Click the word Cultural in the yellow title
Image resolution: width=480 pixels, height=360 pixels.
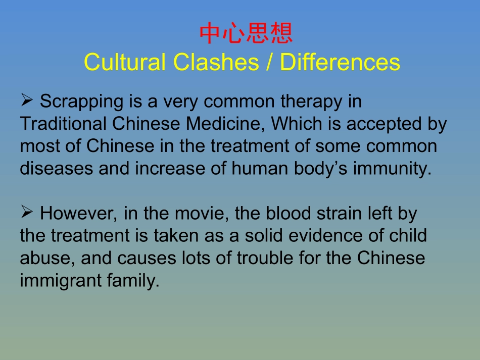[x=125, y=62]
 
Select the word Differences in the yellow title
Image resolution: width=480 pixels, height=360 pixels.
[x=340, y=62]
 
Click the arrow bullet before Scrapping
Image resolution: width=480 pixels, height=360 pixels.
[x=27, y=100]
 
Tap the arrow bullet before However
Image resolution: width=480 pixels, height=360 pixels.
[x=27, y=213]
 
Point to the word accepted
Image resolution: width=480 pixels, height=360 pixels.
[x=381, y=124]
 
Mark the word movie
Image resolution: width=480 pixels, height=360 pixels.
[x=202, y=214]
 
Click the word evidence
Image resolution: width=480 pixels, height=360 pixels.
[x=331, y=236]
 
